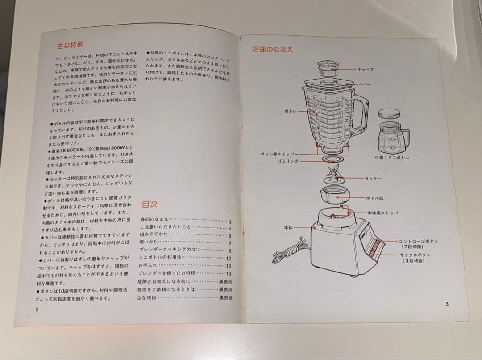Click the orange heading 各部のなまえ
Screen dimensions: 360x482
point(273,50)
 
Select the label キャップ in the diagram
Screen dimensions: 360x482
point(365,69)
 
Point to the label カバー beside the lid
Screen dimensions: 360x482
point(364,84)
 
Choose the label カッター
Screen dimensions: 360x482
point(373,178)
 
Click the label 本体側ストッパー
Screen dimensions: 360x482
point(385,213)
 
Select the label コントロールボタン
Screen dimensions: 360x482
point(418,241)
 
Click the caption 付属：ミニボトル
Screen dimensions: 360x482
point(391,158)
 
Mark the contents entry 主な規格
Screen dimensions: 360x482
point(147,297)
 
